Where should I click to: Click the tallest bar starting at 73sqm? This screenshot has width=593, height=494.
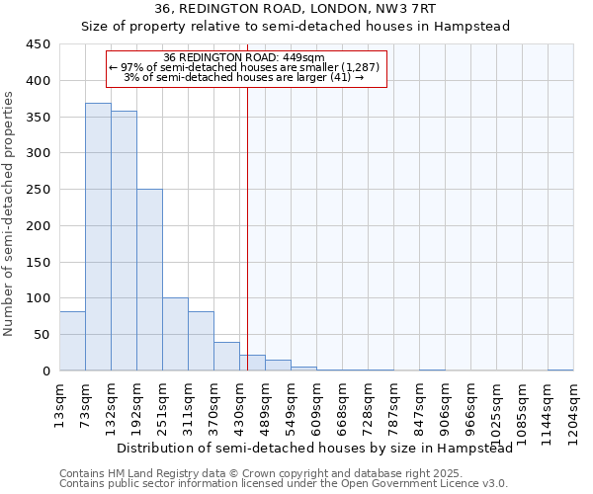tap(98, 237)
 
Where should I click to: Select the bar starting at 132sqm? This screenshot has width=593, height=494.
tap(124, 241)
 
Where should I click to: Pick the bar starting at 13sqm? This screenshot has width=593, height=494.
tap(72, 341)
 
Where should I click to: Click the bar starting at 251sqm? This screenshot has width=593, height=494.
tap(175, 334)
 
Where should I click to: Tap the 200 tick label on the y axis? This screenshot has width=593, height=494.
tap(39, 225)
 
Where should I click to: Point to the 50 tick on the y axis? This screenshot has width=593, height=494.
tap(42, 334)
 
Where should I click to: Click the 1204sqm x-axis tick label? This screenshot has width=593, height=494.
tap(573, 412)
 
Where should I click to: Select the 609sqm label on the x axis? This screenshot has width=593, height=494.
tap(317, 408)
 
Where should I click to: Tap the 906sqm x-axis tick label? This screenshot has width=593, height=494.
tap(446, 408)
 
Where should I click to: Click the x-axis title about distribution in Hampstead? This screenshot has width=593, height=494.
tap(314, 449)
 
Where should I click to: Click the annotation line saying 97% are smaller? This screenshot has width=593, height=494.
tap(250, 68)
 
